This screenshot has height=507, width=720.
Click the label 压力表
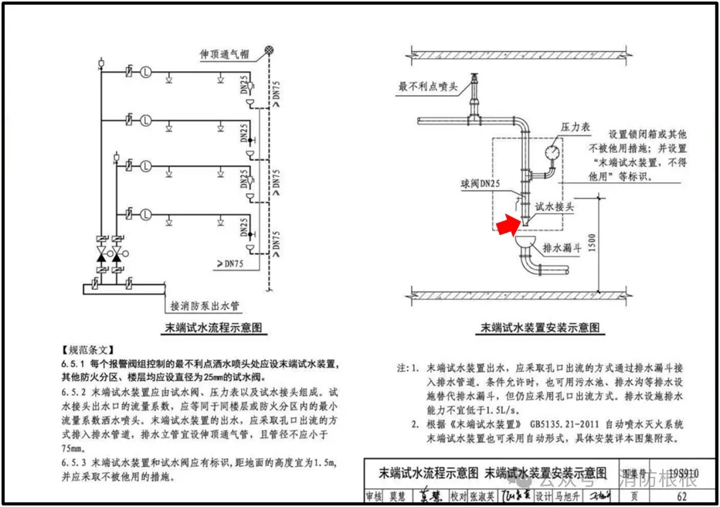coord(575,126)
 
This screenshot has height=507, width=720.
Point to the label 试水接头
coord(555,207)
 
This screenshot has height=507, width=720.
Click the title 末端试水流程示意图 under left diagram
coord(213,328)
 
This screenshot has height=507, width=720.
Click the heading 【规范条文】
coord(87,349)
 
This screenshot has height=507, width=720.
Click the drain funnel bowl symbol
coord(526,243)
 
